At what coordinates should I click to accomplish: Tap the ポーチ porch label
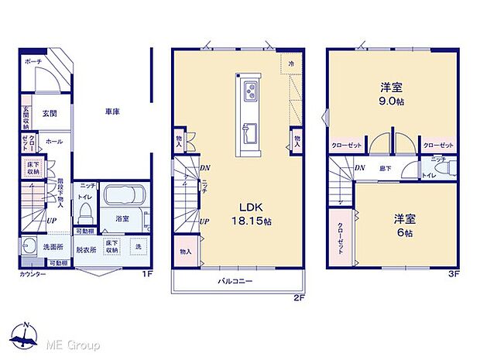pos(33,60)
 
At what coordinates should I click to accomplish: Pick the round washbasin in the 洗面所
pos(30,247)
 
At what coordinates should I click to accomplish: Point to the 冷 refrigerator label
pos(292,63)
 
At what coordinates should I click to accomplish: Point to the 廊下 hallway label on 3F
pos(383,167)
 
